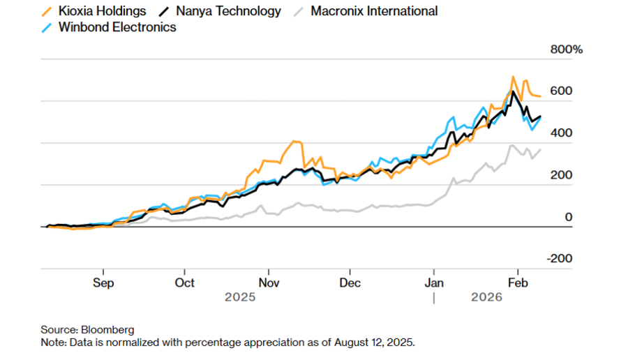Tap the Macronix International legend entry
tap(374, 11)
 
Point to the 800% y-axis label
tap(567, 50)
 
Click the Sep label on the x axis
tap(103, 283)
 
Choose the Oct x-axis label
tap(185, 283)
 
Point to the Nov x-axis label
tap(269, 283)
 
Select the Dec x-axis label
tap(350, 283)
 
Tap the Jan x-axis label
tap(434, 283)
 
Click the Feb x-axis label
tap(517, 283)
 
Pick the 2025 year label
tap(240, 297)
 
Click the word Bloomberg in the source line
tap(110, 329)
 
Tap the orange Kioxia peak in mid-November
tap(295, 142)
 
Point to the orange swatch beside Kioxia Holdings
tap(47, 11)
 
